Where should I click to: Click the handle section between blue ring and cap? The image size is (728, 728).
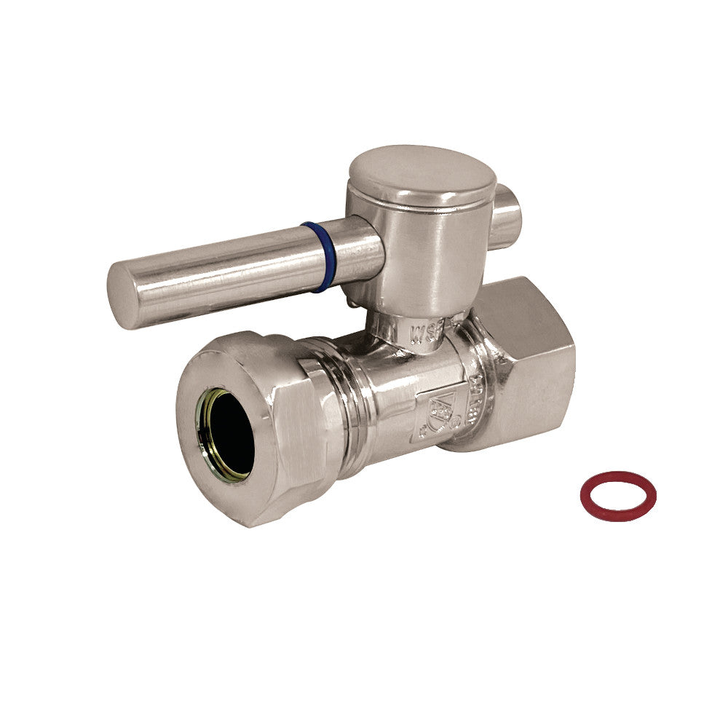(353, 248)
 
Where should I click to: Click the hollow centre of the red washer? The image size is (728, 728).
(618, 496)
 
